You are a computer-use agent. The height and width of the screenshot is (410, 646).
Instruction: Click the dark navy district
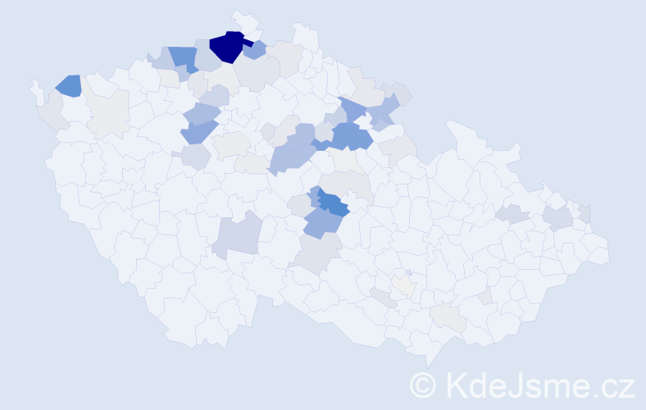click(226, 48)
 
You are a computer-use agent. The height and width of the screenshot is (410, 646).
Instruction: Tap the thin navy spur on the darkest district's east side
click(247, 43)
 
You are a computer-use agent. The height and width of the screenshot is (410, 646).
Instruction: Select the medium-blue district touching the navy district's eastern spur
click(257, 50)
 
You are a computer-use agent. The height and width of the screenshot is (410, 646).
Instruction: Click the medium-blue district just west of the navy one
click(184, 58)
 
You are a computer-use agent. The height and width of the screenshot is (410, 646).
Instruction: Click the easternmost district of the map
click(598, 252)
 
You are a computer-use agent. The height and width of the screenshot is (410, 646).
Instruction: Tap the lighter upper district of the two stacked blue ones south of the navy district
click(202, 113)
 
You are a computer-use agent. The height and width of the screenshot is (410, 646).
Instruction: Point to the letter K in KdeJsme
click(454, 385)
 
